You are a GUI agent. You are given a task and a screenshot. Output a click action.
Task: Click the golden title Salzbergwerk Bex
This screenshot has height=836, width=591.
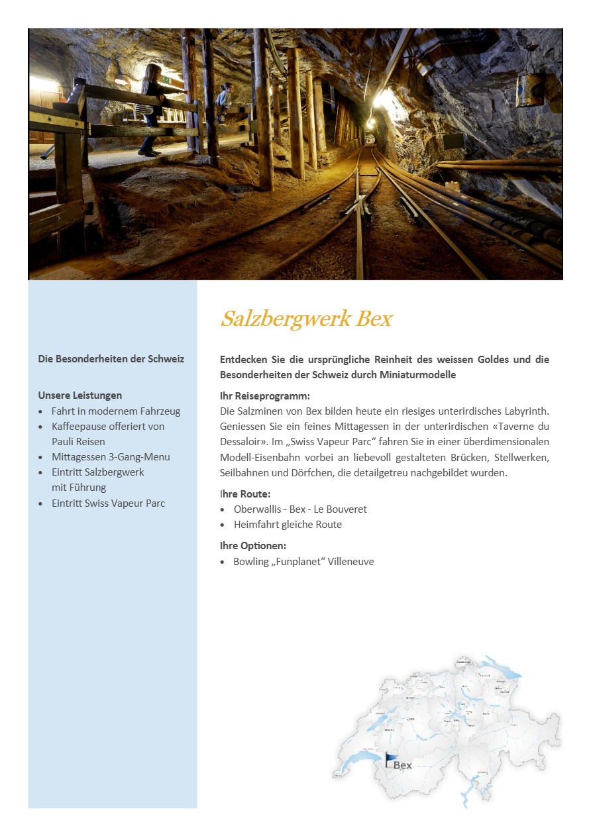point(306,319)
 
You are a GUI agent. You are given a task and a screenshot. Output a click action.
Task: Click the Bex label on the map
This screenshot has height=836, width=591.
point(403,765)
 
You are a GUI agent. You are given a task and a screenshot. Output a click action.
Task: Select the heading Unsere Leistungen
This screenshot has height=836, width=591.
point(80,395)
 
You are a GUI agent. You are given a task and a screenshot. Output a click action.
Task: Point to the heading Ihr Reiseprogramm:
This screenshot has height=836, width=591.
point(265,396)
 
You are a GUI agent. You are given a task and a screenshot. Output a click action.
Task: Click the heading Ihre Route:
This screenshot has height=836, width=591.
point(245,494)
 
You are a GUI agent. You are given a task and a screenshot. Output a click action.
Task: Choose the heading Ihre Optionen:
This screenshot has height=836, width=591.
point(253,546)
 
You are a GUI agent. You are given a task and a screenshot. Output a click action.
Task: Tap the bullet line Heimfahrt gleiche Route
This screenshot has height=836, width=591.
point(288,525)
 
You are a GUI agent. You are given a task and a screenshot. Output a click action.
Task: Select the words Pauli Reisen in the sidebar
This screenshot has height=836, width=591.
point(78,442)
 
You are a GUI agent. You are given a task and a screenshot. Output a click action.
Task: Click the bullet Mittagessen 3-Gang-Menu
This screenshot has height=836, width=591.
point(111,457)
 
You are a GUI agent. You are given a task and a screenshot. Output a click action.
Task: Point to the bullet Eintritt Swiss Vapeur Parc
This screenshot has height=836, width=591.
point(108,503)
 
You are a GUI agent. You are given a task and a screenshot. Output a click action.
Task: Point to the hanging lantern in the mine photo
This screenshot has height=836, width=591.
point(531,88)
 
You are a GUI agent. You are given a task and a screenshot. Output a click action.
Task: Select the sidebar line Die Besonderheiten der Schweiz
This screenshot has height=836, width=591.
point(111,359)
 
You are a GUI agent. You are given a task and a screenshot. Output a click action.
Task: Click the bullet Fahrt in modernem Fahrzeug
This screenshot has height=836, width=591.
point(115,411)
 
